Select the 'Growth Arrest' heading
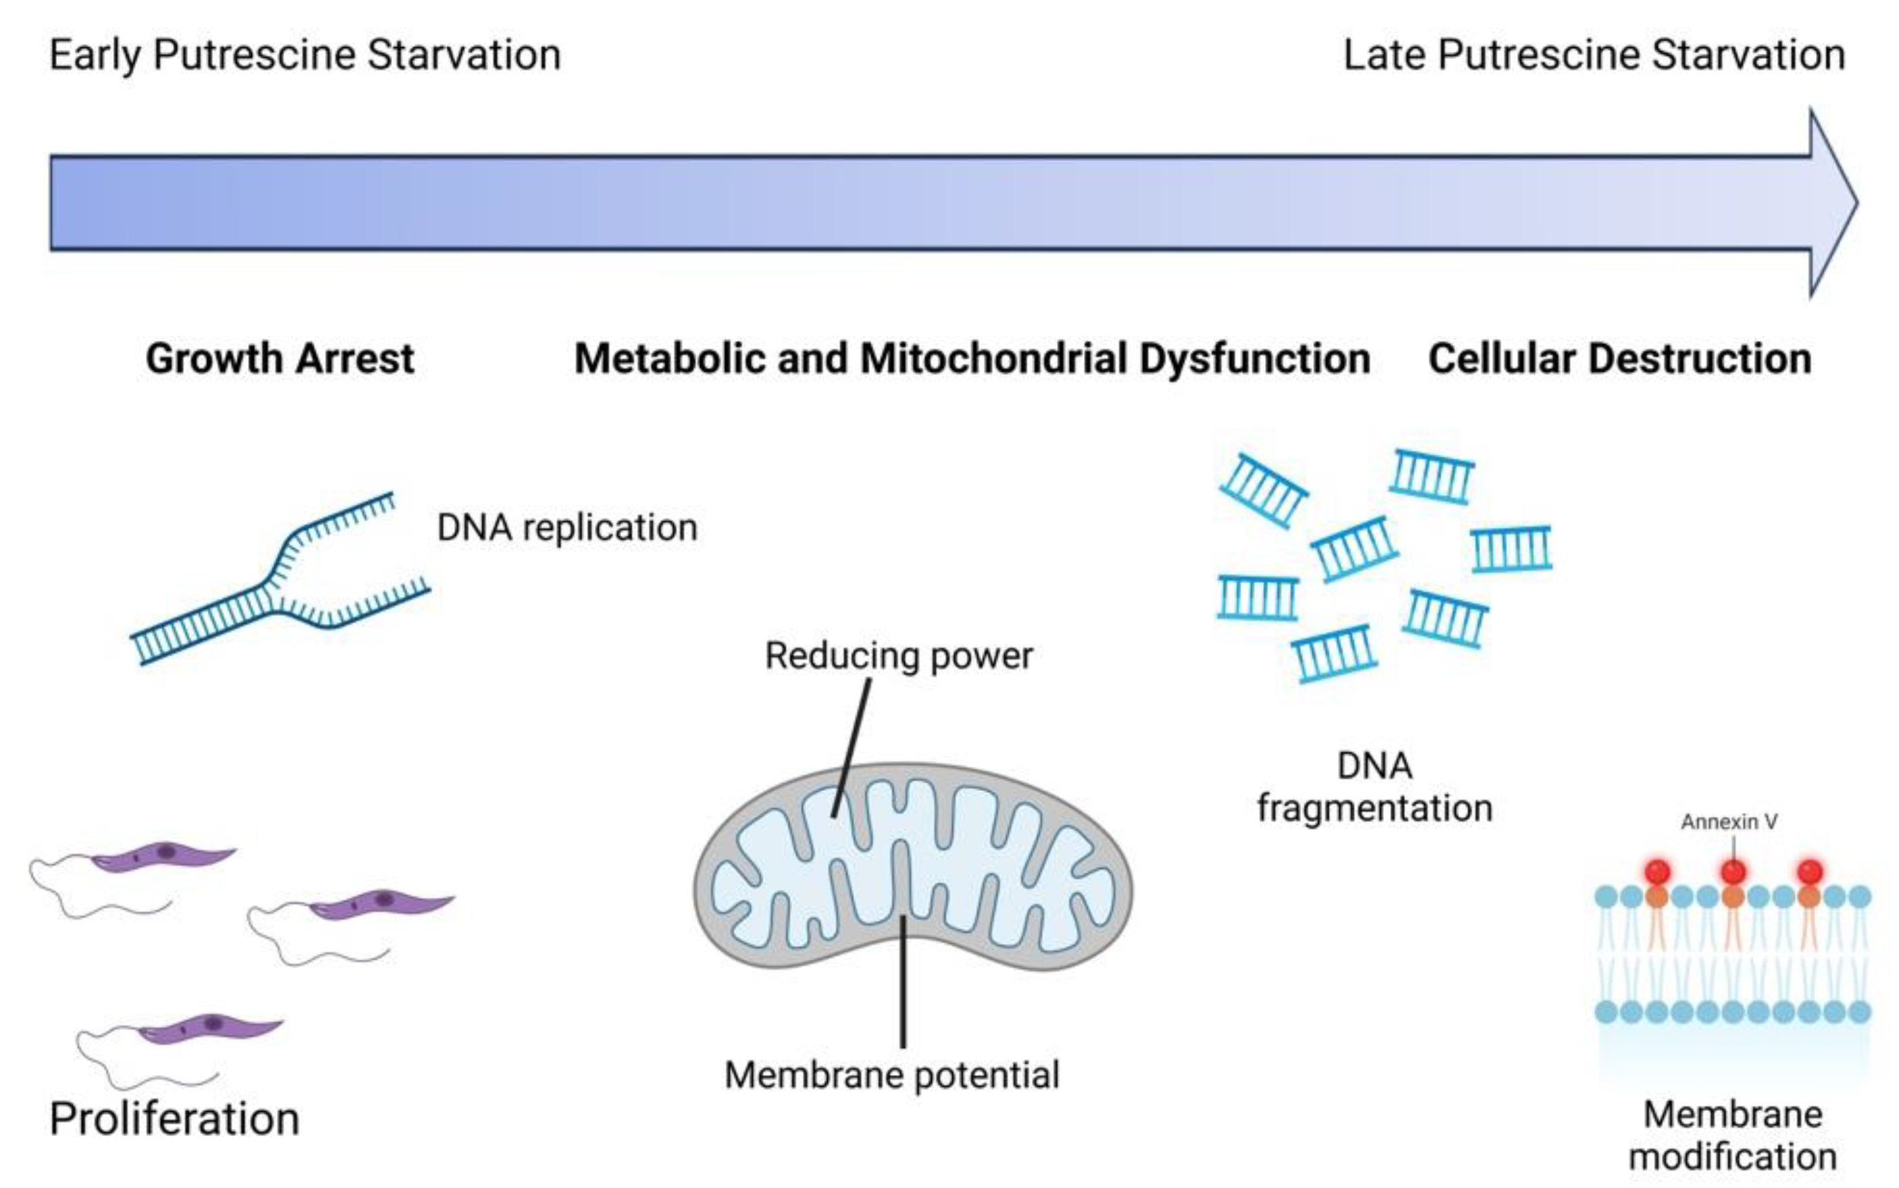click(280, 359)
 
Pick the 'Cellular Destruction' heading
click(1619, 359)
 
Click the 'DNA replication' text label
click(567, 527)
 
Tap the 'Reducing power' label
click(898, 656)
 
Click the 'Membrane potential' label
click(891, 1075)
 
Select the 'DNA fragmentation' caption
click(1375, 787)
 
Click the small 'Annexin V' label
click(1729, 822)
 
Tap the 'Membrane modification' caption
click(1733, 1135)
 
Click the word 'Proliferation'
click(174, 1119)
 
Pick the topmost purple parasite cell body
click(161, 854)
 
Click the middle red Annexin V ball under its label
click(1733, 872)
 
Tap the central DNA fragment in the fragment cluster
click(1354, 548)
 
